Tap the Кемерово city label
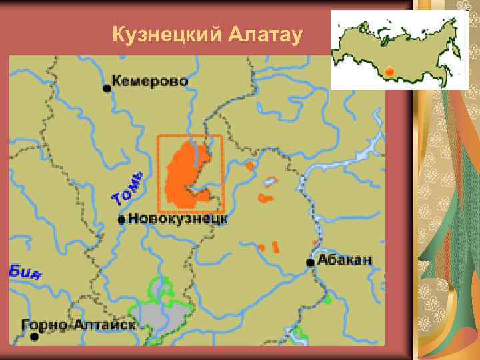tap(150, 81)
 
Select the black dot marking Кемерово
tap(107, 87)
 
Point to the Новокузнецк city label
tap(178, 218)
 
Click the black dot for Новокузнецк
tap(121, 219)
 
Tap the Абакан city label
tap(345, 260)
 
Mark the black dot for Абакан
tap(311, 263)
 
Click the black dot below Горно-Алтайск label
tap(35, 337)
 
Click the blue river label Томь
tap(128, 189)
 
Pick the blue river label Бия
tap(25, 272)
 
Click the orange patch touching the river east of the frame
tap(250, 165)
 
